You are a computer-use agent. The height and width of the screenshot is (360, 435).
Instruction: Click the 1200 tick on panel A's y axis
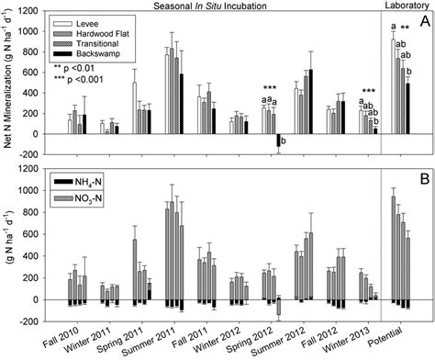43,12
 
